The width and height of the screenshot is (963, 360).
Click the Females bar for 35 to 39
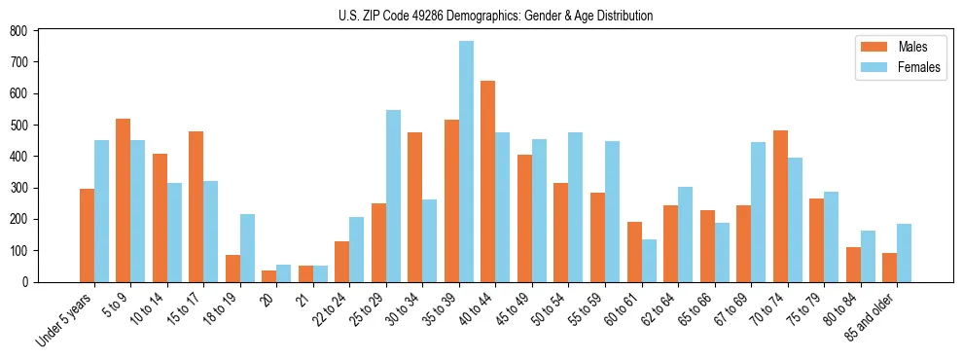[x=466, y=162]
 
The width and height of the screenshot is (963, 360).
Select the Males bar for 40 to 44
[x=488, y=181]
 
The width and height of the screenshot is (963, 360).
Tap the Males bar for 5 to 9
[x=123, y=200]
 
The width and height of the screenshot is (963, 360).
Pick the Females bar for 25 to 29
[x=393, y=196]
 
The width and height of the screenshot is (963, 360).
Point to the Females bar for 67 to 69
[x=758, y=212]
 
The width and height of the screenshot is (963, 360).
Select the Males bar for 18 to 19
[x=232, y=269]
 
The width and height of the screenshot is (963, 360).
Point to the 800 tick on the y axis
[x=38, y=31]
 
